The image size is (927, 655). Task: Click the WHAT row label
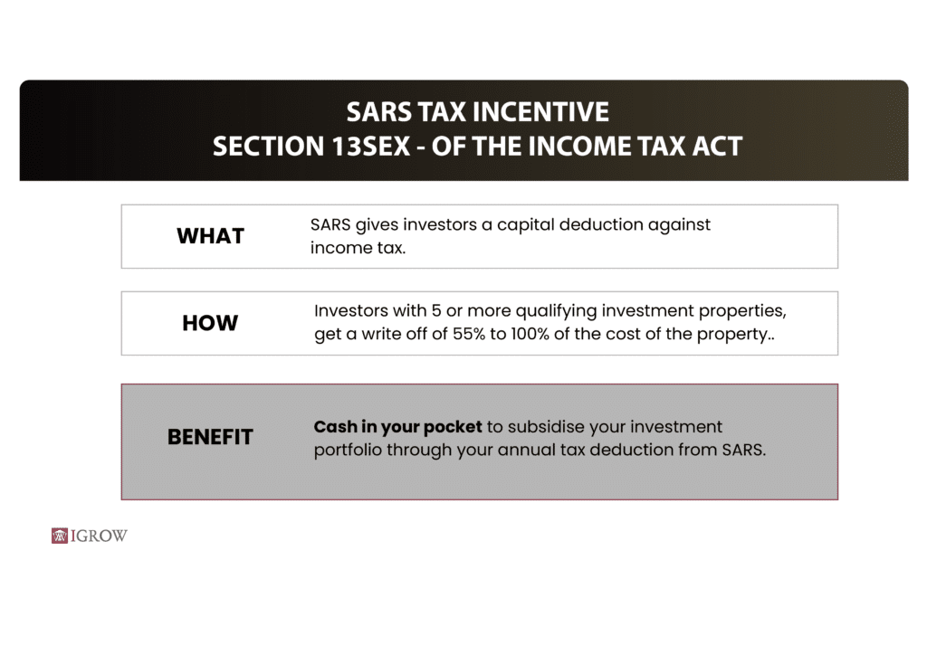(210, 236)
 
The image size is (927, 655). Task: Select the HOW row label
(210, 323)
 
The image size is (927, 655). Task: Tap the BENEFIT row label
(210, 437)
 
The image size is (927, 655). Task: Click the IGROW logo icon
(60, 536)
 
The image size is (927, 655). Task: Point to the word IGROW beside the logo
(99, 536)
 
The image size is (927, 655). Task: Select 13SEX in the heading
(370, 147)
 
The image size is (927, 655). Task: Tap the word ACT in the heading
(717, 147)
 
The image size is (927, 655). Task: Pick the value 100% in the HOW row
(530, 334)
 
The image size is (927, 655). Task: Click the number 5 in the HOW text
(436, 310)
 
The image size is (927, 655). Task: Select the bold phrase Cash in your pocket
(398, 426)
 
